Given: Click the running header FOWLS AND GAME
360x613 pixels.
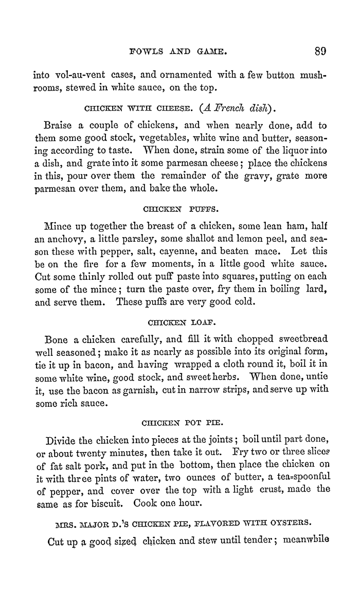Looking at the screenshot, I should coord(179,51).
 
